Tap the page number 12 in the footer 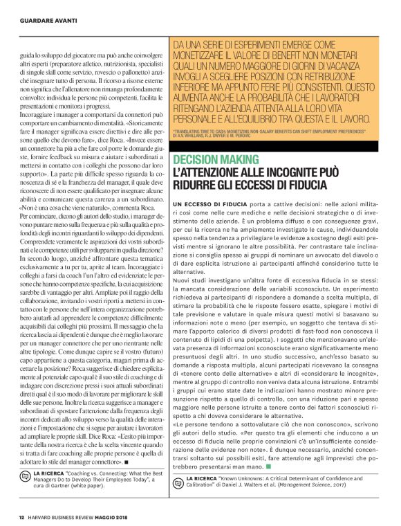click(x=21, y=517)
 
